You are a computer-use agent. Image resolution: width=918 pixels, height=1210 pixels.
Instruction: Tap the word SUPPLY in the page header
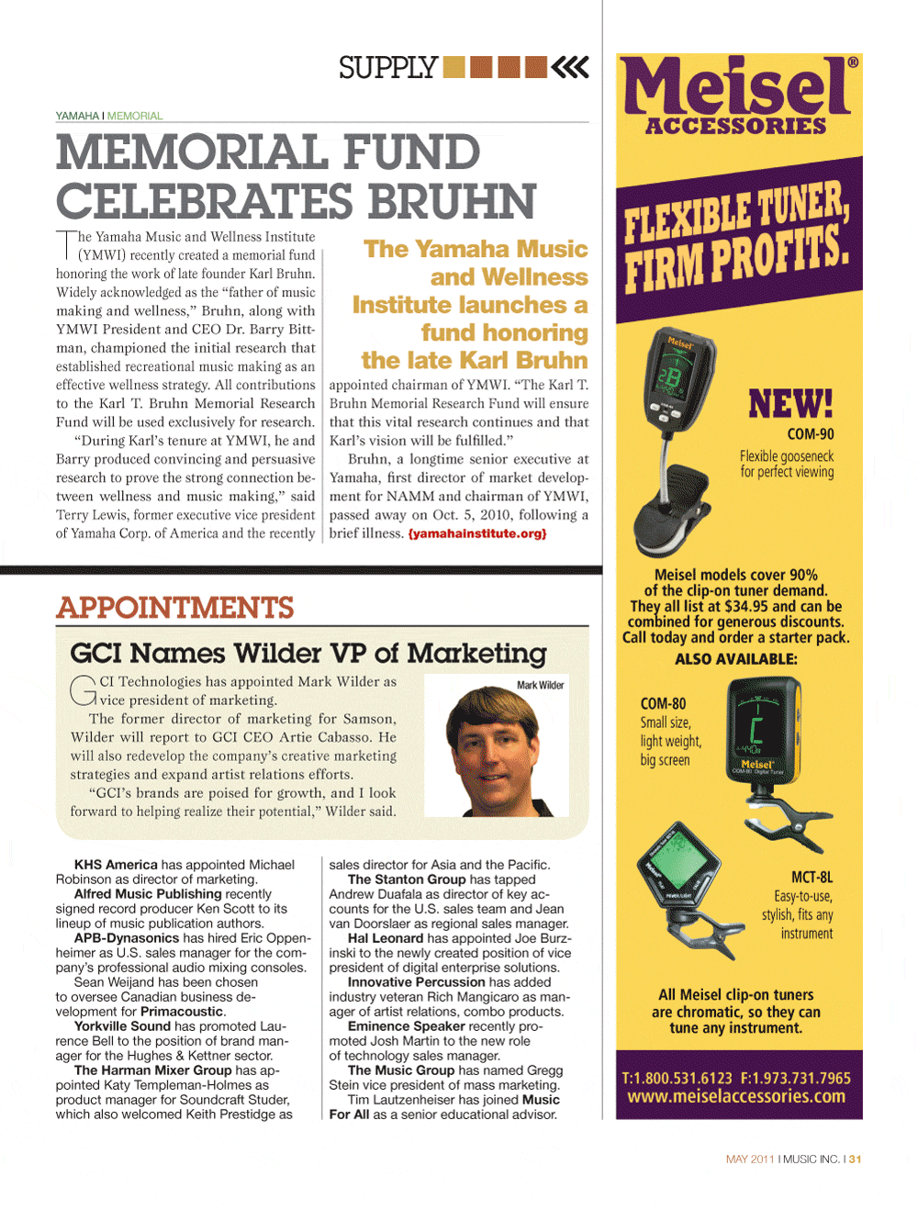tap(387, 68)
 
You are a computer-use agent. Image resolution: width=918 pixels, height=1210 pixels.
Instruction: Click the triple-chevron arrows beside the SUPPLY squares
tap(571, 67)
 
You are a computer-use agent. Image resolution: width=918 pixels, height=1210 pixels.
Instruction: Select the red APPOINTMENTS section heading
tap(175, 608)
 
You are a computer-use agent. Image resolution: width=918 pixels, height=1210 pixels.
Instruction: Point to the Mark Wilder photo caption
tap(540, 685)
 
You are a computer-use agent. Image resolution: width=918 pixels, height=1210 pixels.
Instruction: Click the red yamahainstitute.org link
tap(477, 533)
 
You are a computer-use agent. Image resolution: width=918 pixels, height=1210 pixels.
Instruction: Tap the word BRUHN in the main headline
tap(453, 202)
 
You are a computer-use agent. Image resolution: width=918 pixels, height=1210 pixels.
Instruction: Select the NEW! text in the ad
tap(790, 404)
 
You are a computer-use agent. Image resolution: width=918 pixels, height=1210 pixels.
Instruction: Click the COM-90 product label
tap(811, 434)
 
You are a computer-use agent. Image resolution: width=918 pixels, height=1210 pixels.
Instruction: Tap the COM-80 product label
tap(663, 704)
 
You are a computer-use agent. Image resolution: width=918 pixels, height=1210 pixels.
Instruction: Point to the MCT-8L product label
tap(812, 878)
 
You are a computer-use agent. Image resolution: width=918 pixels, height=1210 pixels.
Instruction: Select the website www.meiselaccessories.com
tap(736, 1096)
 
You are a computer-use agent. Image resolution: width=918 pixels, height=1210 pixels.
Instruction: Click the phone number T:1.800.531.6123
tap(677, 1078)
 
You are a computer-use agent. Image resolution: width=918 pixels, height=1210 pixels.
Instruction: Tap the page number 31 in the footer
tap(856, 1160)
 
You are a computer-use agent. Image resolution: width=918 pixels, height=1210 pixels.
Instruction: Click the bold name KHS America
tap(116, 865)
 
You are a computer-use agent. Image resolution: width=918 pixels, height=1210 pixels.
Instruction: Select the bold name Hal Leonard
tap(386, 938)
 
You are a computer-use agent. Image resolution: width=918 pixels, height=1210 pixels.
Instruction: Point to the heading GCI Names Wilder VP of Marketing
tap(308, 654)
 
